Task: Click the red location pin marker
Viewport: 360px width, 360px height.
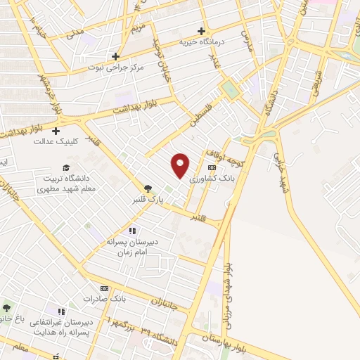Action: [181, 165]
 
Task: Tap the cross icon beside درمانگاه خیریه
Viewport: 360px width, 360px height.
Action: [202, 31]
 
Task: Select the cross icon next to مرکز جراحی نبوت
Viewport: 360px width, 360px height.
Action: [116, 56]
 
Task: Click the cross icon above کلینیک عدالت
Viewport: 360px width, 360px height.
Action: [56, 130]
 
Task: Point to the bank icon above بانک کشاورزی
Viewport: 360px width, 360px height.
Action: [212, 167]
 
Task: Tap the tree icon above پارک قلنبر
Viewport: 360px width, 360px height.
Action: [148, 188]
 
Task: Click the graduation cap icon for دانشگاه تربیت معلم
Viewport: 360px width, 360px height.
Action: [66, 167]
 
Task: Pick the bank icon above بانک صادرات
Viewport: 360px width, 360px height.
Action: [105, 288]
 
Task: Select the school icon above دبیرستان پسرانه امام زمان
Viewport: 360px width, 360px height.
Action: [131, 231]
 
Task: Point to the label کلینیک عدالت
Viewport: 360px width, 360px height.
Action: [53, 141]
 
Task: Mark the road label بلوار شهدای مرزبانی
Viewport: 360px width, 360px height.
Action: [226, 288]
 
